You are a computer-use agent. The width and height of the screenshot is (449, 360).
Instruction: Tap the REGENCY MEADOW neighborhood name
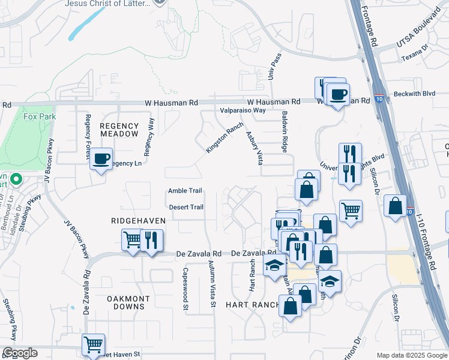(119, 130)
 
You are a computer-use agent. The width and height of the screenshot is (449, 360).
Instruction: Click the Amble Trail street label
(184, 191)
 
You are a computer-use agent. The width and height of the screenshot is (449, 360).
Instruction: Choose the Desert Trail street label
(186, 207)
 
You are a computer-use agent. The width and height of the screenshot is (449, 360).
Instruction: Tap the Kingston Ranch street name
(224, 138)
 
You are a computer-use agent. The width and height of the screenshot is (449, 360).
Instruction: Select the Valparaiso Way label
(243, 110)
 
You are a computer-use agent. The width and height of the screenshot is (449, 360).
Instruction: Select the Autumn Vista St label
(212, 284)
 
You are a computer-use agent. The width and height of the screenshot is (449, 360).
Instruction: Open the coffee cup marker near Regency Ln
(100, 159)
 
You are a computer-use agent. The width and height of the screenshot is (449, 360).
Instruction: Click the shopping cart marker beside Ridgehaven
(132, 239)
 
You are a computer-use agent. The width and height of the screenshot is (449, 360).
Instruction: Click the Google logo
(20, 353)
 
